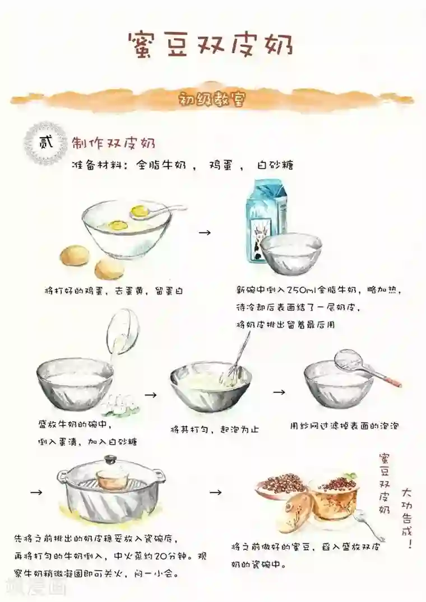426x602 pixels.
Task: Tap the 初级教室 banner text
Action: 212,100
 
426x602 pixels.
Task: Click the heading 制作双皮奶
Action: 113,143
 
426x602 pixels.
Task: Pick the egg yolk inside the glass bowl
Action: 118,226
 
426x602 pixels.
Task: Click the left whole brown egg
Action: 75,256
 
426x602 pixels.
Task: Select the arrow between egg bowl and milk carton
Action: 205,231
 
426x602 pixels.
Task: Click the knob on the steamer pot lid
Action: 110,459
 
